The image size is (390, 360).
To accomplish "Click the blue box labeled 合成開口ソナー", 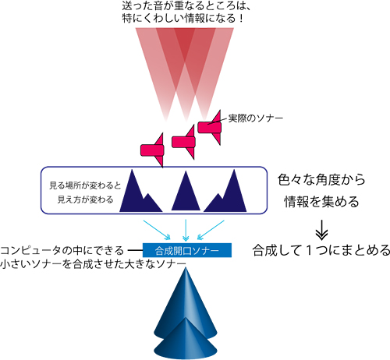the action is (187, 250).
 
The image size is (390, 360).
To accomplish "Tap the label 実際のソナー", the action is (256, 118).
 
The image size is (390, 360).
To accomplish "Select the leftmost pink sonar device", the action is (153, 150).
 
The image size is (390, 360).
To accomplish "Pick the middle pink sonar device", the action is (183, 142).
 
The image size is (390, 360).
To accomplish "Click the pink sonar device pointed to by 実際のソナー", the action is (210, 127).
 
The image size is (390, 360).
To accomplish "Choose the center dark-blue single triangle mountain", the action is (186, 192).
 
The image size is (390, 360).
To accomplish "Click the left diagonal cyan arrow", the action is (157, 230).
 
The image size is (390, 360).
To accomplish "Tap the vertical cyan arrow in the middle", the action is (186, 230).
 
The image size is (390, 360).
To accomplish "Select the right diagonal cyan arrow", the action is (211, 230).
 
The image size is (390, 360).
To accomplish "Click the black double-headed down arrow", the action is (321, 230).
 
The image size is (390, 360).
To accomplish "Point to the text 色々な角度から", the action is (321, 180).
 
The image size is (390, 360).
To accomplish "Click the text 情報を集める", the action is (321, 202).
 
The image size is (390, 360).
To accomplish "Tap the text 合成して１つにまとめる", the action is (321, 250).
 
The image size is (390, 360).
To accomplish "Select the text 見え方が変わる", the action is (85, 199).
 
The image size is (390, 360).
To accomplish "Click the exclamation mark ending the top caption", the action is (241, 18).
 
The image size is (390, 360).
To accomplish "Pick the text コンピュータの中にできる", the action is (62, 251).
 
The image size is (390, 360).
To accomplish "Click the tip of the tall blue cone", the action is (186, 267).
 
